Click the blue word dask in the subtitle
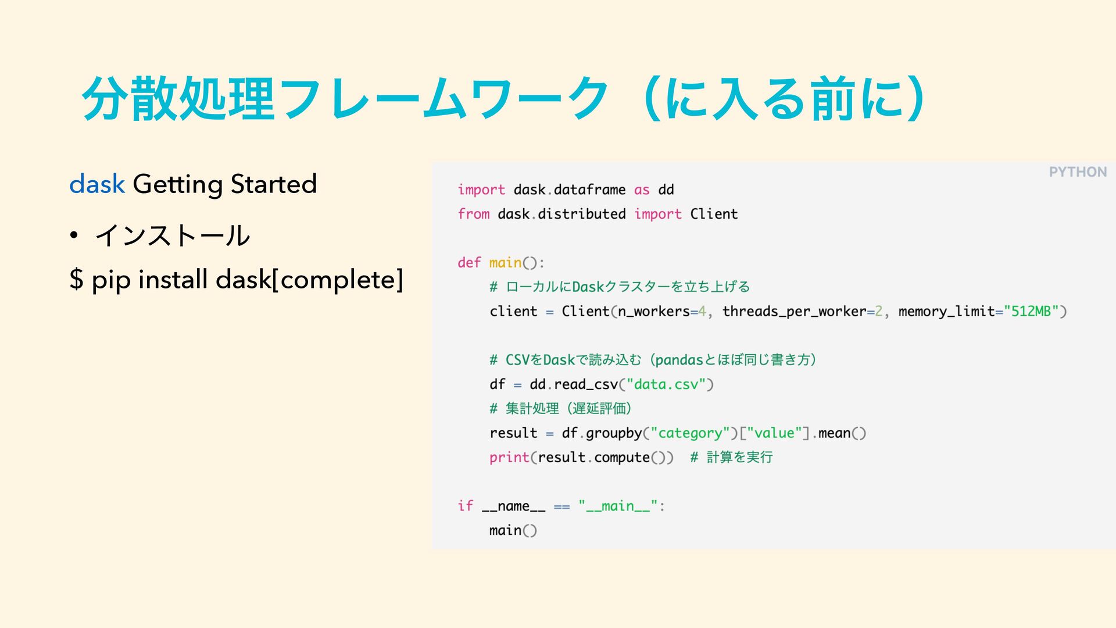[96, 184]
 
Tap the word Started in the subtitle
[273, 184]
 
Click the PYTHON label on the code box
[1077, 172]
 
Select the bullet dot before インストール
[73, 235]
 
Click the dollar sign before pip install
[76, 280]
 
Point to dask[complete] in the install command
[309, 280]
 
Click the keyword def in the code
[469, 263]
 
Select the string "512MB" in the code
[1031, 312]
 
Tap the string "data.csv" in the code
[666, 384]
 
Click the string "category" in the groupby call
[690, 433]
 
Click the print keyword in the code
[509, 458]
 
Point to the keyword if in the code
[465, 506]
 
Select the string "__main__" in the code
[618, 506]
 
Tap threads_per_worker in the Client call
[794, 312]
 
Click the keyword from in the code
[473, 214]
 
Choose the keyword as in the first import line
[642, 190]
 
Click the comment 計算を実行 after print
[739, 458]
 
